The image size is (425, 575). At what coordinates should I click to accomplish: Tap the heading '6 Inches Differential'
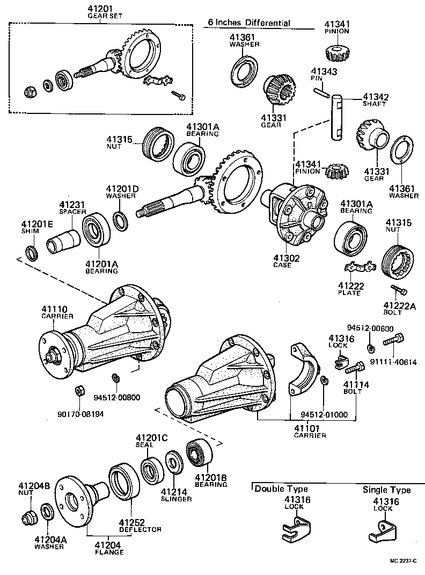[249, 23]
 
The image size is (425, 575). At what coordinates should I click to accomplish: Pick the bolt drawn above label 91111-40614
[394, 340]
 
